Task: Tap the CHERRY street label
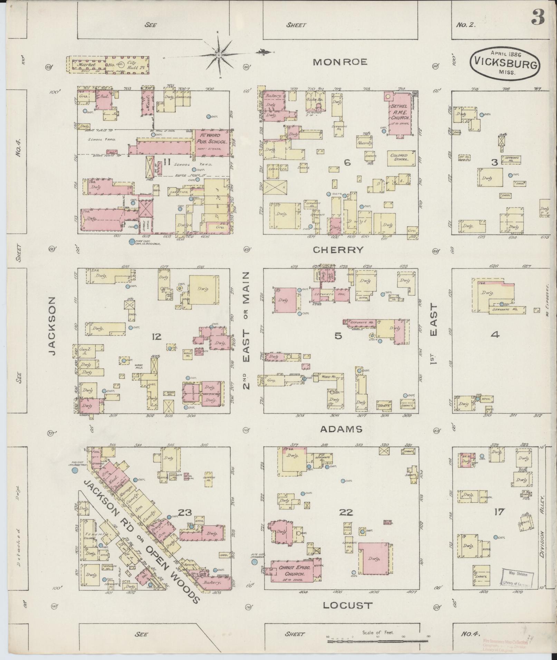pyautogui.click(x=338, y=250)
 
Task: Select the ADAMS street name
pyautogui.click(x=341, y=429)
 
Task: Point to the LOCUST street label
pyautogui.click(x=348, y=605)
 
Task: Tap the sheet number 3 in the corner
pyautogui.click(x=538, y=18)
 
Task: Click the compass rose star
pyautogui.click(x=219, y=55)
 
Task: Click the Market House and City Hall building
pyautogui.click(x=108, y=65)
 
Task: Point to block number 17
pyautogui.click(x=499, y=512)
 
